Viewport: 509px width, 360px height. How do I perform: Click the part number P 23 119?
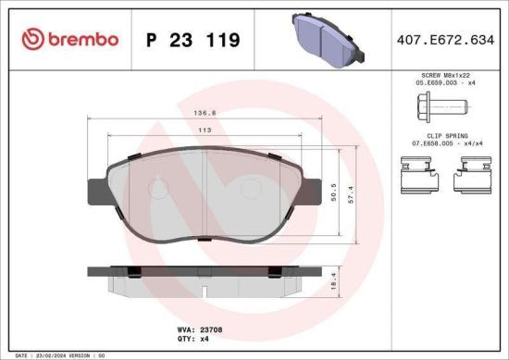click(x=194, y=40)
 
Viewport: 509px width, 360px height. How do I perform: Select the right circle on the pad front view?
click(x=250, y=186)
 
